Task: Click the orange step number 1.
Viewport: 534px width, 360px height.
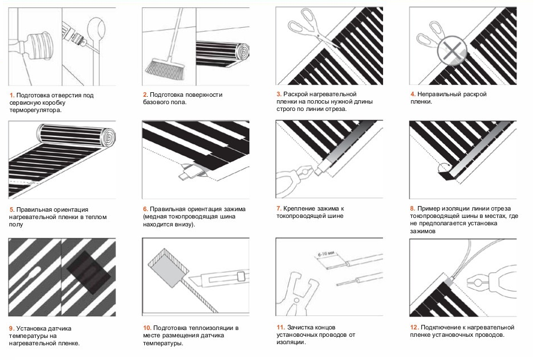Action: (12, 96)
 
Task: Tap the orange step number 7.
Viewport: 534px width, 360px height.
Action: (279, 208)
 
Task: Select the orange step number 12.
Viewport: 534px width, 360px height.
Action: (414, 327)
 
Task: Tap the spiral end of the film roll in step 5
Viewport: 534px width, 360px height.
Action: (109, 136)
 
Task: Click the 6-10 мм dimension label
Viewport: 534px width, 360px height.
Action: (326, 254)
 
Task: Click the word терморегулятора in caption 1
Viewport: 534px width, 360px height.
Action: (36, 110)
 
